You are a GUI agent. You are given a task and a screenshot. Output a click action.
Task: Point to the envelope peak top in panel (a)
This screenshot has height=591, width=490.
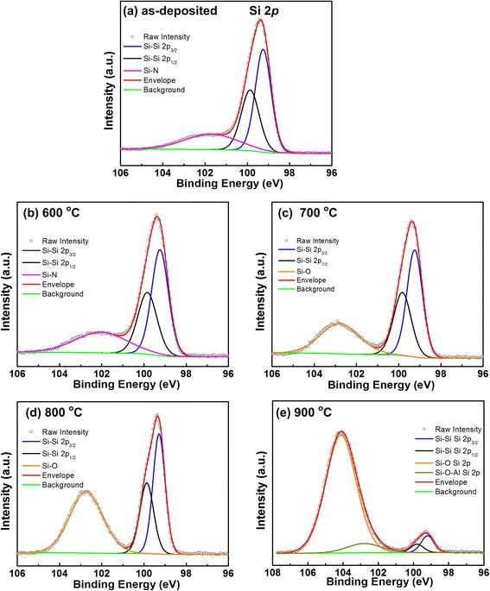pyautogui.click(x=260, y=20)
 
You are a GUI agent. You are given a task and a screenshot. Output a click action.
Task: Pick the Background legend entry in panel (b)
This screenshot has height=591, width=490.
pyautogui.click(x=63, y=294)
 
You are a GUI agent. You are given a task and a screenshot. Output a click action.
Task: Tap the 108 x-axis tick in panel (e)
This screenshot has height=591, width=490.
pyautogui.click(x=274, y=569)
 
